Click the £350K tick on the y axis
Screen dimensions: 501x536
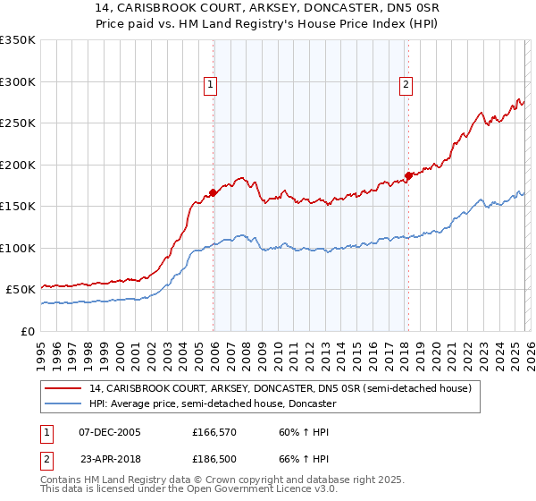pos(18,40)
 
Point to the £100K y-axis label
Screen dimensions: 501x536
pos(18,248)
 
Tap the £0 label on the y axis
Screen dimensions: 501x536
pos(29,331)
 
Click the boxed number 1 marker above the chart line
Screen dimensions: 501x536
pos(210,85)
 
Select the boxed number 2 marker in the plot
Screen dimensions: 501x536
pos(405,85)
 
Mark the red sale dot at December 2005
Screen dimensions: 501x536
pos(214,191)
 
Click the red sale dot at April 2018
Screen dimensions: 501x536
pos(408,175)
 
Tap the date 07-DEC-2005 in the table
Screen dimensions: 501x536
pos(110,432)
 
